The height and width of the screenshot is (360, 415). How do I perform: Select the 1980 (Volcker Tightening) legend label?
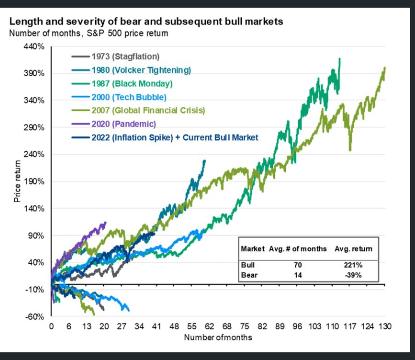click(141, 70)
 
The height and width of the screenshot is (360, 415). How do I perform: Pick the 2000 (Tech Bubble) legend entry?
click(129, 97)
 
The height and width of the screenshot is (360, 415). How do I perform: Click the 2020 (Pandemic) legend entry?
click(123, 124)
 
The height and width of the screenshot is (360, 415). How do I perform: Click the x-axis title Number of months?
click(218, 337)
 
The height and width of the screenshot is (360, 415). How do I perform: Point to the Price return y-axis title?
click(17, 181)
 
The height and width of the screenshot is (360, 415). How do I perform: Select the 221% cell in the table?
click(352, 264)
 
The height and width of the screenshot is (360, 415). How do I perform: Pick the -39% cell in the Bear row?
click(352, 275)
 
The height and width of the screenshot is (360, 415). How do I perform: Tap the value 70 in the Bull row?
click(297, 264)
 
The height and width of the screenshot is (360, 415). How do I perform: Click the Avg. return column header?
click(352, 249)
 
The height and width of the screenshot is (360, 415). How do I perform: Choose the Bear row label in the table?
click(249, 275)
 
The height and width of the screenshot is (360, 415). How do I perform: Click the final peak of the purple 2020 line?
click(105, 222)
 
